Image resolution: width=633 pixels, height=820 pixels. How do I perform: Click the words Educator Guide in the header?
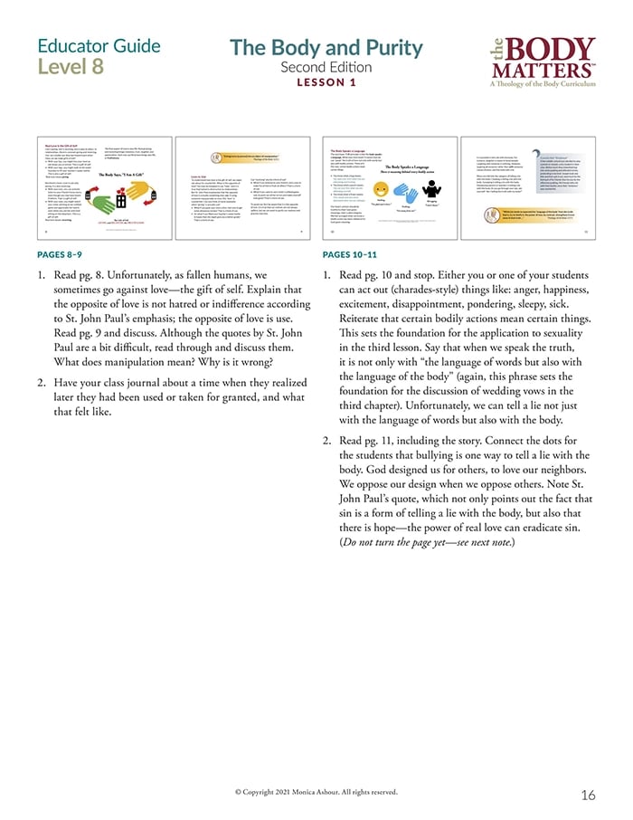pos(99,46)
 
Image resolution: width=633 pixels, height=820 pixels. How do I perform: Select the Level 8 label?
pos(71,67)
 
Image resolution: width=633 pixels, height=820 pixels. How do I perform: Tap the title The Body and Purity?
pos(326,48)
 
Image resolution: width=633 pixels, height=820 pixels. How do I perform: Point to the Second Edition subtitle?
pos(326,67)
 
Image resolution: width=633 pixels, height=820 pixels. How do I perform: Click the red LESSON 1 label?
pos(326,82)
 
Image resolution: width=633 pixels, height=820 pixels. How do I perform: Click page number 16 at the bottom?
pos(588,796)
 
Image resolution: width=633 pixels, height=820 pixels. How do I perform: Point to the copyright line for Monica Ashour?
pos(316,790)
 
